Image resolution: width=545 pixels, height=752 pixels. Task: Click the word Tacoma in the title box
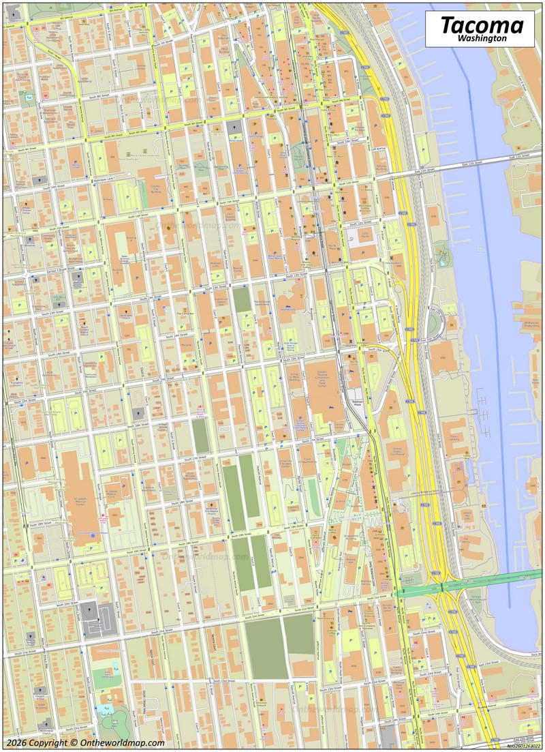click(x=482, y=25)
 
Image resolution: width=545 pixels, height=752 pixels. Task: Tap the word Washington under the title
click(x=482, y=40)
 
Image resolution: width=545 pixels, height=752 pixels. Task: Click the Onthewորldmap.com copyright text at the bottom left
click(x=85, y=742)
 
